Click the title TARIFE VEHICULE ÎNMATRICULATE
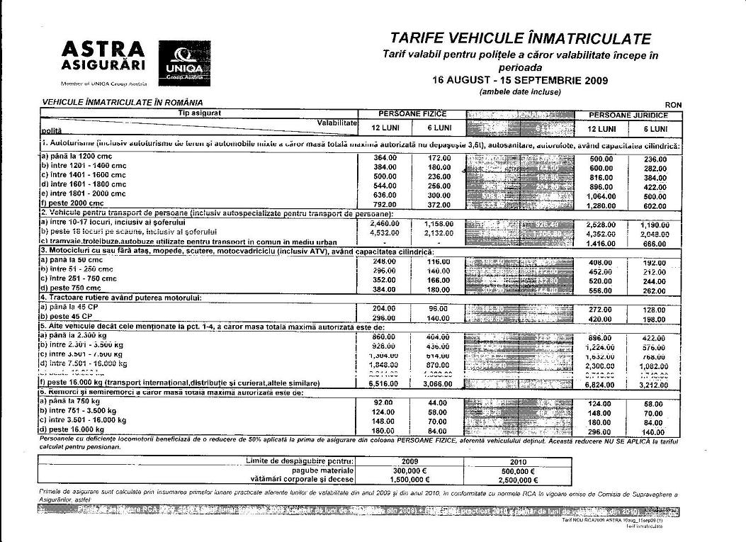pyautogui.click(x=520, y=38)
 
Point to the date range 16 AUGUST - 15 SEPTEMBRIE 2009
pyautogui.click(x=520, y=80)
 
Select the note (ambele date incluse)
pyautogui.click(x=520, y=91)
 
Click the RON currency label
pyautogui.click(x=673, y=104)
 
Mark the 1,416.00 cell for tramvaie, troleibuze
pyautogui.click(x=601, y=242)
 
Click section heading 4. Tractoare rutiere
pyautogui.click(x=121, y=298)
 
